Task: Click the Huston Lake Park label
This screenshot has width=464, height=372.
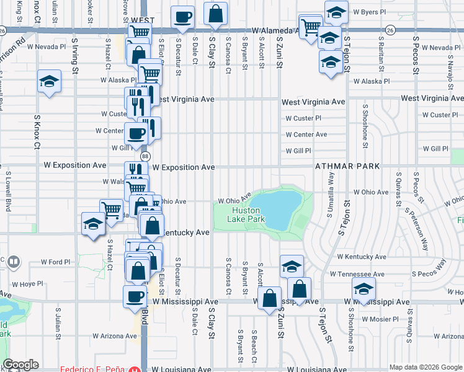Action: tap(246, 215)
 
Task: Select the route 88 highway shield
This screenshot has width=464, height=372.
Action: tap(145, 157)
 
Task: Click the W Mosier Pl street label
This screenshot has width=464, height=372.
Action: tap(379, 320)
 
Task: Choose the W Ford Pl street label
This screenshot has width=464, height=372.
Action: tap(56, 262)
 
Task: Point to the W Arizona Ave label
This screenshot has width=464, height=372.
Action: tap(115, 336)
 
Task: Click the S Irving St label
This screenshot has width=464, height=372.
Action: tap(75, 56)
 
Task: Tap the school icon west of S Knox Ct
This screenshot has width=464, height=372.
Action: tap(48, 82)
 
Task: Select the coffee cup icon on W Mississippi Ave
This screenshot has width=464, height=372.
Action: tap(135, 295)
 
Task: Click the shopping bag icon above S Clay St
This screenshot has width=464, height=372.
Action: tap(215, 13)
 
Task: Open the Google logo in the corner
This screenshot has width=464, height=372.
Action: tap(21, 365)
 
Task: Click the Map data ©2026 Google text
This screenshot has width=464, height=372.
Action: tap(425, 367)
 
